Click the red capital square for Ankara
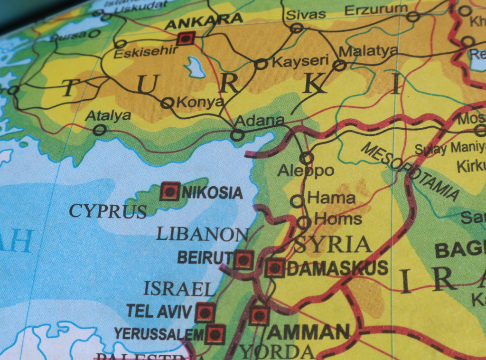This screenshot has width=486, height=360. click(x=185, y=38)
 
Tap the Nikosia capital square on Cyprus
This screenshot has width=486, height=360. click(x=169, y=191)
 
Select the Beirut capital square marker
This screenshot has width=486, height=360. click(x=243, y=260)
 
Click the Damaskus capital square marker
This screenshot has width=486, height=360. click(x=275, y=268)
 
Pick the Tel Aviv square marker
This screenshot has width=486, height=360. click(x=205, y=313)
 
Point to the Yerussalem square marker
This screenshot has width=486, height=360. click(x=215, y=334)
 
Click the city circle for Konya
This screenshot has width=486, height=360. click(x=167, y=103)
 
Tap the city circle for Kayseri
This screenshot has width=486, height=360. click(x=261, y=64)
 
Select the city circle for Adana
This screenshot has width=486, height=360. click(x=237, y=135)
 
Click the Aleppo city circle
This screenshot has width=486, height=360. click(x=307, y=157)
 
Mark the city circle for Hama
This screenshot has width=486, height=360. click(x=297, y=201)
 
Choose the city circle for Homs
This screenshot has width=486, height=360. click(x=304, y=222)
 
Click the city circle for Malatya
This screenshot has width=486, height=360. click(x=339, y=65)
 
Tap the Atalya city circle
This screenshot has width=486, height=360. click(x=99, y=130)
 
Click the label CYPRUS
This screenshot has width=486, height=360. click(x=108, y=211)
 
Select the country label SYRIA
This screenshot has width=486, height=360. click(x=332, y=245)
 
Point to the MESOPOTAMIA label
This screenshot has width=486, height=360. click(x=410, y=171)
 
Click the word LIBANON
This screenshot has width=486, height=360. click(x=203, y=234)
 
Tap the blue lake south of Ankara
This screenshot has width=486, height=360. click(x=195, y=67)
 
